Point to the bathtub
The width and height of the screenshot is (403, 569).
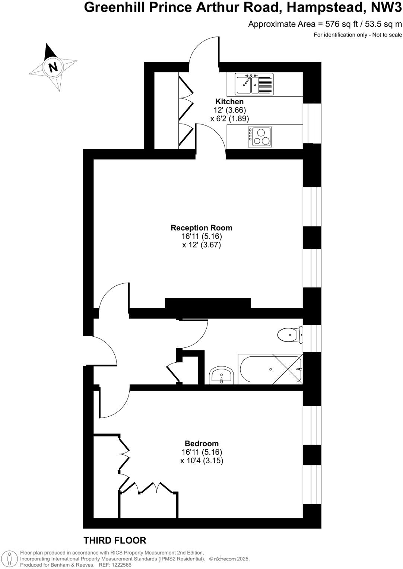270,369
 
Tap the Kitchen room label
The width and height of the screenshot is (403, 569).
229,102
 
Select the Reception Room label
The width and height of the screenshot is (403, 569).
201,228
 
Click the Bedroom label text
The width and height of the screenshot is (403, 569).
201,444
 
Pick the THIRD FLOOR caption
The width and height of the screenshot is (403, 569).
115,540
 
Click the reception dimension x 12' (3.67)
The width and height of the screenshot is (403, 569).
201,245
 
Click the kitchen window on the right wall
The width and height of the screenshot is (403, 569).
312,123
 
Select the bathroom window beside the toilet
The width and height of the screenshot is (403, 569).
312,338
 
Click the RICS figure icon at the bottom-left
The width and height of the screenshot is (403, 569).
10,559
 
